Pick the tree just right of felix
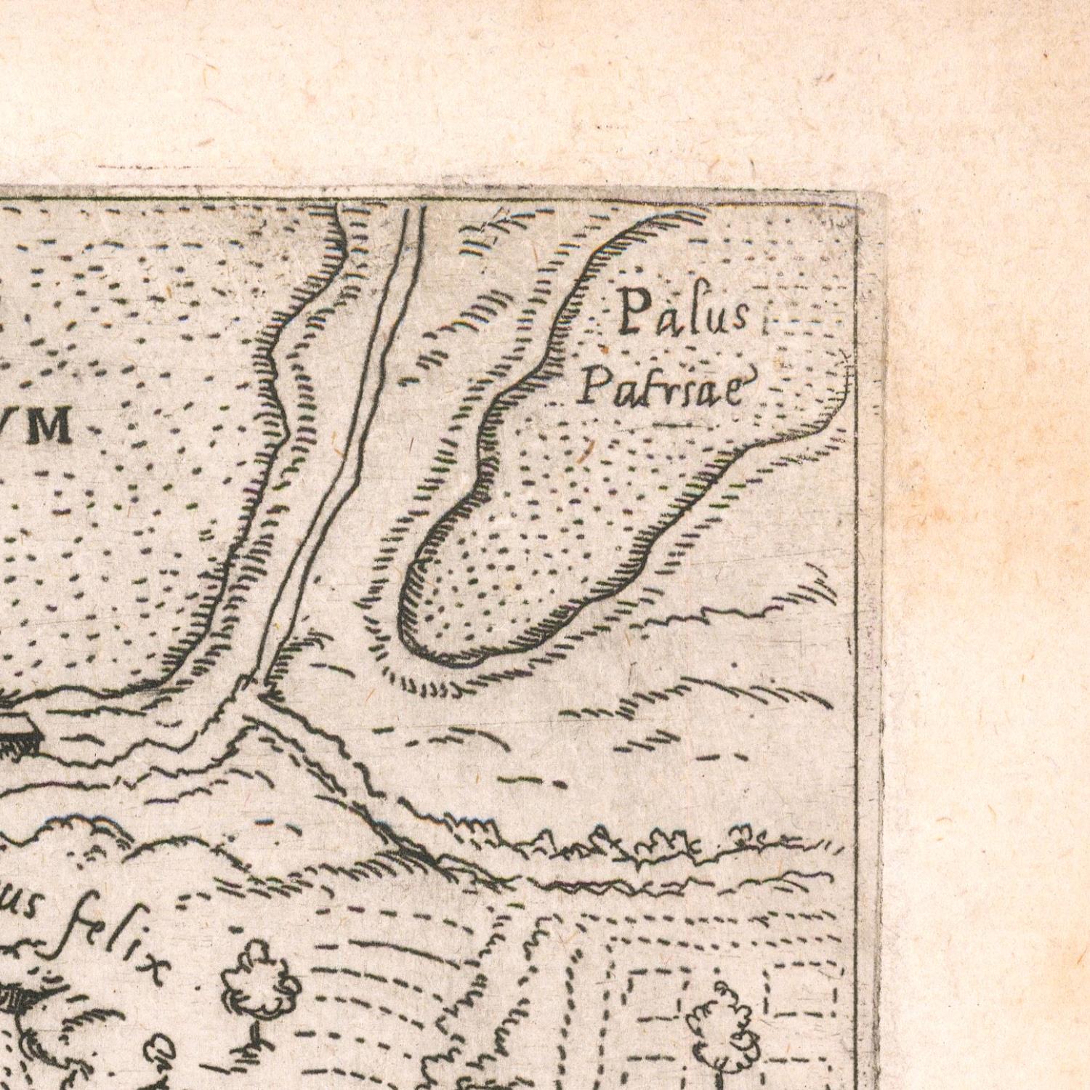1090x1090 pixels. click(258, 981)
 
